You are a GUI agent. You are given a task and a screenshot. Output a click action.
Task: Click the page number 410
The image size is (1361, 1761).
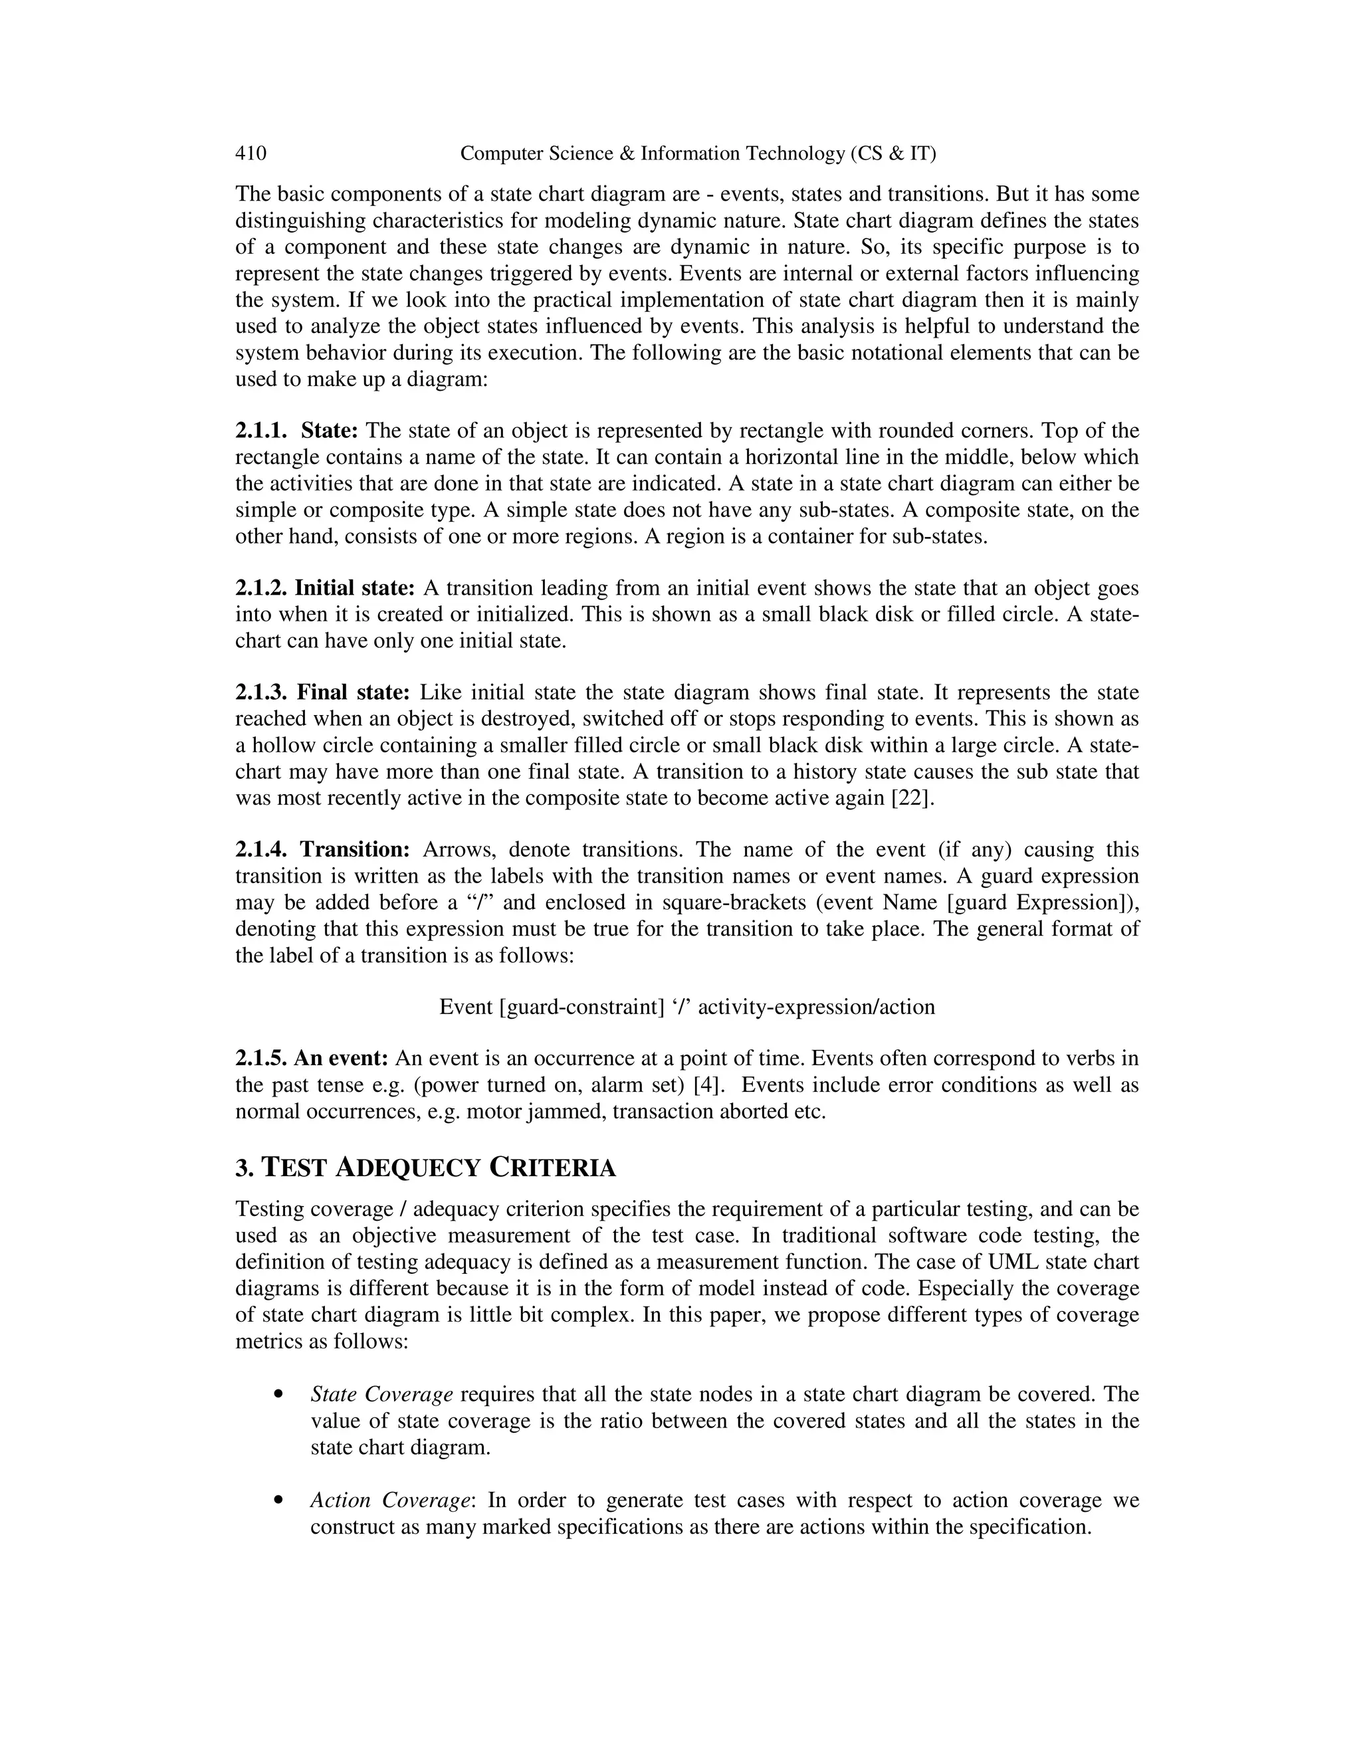point(251,154)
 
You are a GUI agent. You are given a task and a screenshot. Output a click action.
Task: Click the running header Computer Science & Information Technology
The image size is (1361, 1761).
point(697,154)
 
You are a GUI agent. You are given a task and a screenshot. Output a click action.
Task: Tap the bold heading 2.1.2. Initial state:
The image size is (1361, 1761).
point(325,588)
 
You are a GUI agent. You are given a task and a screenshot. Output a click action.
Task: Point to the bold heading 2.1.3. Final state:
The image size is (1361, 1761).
point(322,692)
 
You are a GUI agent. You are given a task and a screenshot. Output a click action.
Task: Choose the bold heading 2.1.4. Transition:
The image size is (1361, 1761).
point(322,850)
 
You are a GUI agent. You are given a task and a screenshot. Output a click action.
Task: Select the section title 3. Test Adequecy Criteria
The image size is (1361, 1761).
point(425,1168)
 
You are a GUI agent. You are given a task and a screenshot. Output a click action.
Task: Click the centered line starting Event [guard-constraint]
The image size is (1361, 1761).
point(687,1007)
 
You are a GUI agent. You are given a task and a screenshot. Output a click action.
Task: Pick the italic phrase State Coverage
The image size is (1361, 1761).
point(381,1394)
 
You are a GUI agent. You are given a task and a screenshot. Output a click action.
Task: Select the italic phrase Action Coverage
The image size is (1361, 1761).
point(390,1501)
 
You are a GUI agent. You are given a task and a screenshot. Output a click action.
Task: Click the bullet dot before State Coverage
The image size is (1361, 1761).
point(278,1394)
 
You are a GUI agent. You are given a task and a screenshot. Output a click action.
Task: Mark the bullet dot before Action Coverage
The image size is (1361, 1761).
point(278,1501)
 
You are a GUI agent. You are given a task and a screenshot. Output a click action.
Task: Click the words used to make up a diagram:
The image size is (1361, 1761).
point(362,379)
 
